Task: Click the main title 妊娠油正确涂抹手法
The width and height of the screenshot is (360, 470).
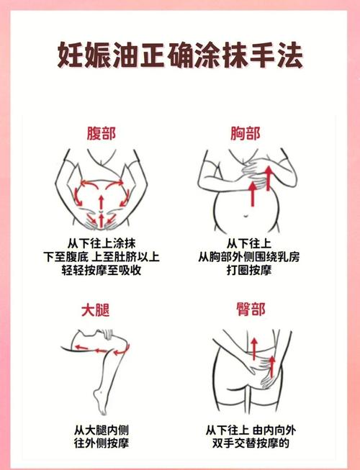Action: click(180, 55)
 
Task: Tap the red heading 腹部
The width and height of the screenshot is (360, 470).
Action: click(101, 133)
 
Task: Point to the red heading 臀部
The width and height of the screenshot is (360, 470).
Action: click(250, 310)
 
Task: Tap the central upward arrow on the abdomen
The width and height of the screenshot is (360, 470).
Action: click(101, 217)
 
